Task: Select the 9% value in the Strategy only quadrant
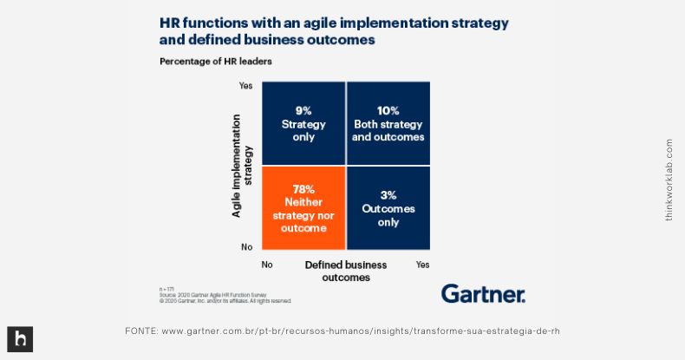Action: click(x=303, y=110)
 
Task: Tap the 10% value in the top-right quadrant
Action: click(x=388, y=110)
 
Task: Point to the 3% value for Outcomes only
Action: click(x=388, y=196)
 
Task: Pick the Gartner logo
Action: click(x=483, y=293)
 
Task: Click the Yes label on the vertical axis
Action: click(x=246, y=86)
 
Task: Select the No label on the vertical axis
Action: click(x=246, y=246)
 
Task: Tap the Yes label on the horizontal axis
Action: click(x=422, y=264)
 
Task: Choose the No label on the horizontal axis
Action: click(x=268, y=264)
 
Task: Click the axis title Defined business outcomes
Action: click(x=345, y=271)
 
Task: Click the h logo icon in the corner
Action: click(x=20, y=339)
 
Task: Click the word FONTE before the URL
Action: click(x=141, y=331)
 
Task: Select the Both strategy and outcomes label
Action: click(x=388, y=130)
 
